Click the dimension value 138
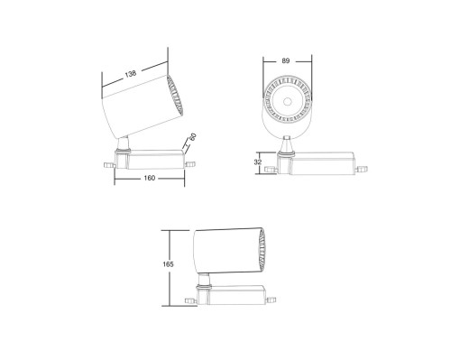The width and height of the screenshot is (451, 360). tap(132, 73)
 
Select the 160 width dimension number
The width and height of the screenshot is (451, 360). tap(150, 178)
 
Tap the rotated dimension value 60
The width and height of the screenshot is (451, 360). tap(191, 141)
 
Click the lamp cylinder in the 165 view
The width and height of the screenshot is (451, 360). tap(224, 248)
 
